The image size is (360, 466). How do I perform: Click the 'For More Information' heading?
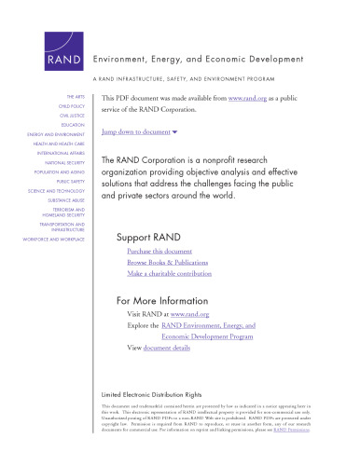[x=164, y=300]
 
